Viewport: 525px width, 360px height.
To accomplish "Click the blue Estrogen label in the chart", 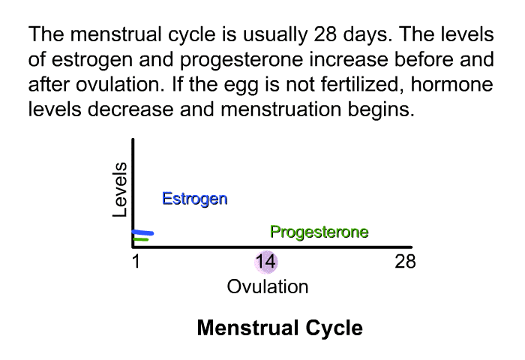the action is click(195, 199).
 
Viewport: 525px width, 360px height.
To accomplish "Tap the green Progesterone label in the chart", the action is click(319, 232).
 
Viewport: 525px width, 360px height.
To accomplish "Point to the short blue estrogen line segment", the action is click(142, 232).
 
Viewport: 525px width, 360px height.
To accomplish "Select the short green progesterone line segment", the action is click(141, 239).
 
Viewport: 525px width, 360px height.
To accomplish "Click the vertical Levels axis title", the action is click(119, 190).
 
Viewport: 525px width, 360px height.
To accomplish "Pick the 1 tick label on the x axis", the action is click(136, 262).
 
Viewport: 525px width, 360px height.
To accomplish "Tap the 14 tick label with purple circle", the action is click(265, 262).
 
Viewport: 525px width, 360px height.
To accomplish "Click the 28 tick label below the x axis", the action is click(405, 262).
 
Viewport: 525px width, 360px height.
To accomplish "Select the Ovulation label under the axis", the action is click(268, 287).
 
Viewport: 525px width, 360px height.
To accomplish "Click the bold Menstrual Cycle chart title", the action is click(280, 328).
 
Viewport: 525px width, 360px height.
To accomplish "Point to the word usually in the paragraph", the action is click(274, 34).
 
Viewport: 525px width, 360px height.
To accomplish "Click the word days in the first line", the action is click(367, 34).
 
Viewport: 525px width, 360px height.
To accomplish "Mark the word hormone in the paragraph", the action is click(452, 85).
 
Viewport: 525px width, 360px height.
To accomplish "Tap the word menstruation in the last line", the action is click(281, 109).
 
